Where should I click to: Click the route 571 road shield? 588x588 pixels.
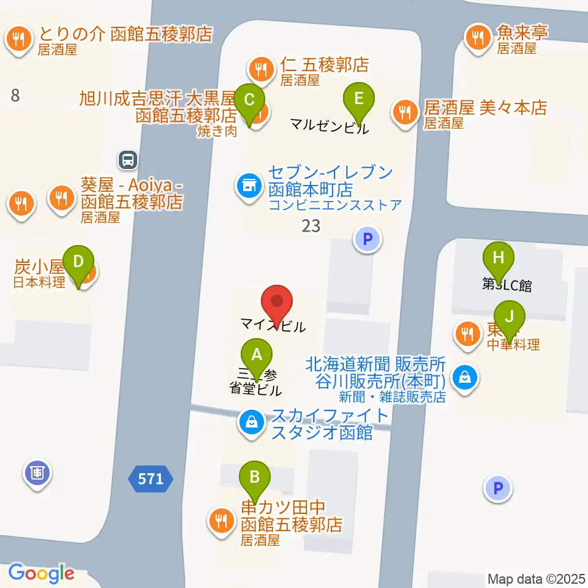(151, 478)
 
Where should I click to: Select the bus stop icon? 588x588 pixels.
(128, 160)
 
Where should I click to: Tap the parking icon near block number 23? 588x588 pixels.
(367, 239)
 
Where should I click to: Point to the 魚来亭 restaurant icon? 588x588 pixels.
(477, 38)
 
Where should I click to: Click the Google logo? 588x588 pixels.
(41, 573)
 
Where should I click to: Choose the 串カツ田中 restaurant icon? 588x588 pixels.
(219, 521)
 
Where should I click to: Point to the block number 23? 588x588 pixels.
(311, 226)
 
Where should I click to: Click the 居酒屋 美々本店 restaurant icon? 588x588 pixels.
(404, 111)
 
